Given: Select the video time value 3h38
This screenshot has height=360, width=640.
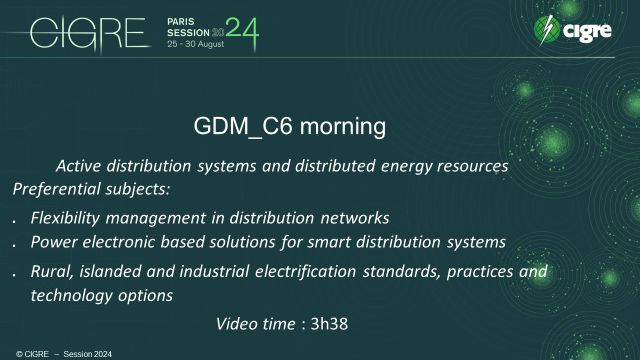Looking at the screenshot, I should (x=325, y=323).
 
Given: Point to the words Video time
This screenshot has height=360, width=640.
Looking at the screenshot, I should (x=255, y=323).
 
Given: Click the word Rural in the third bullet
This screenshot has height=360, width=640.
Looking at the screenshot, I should (x=51, y=271).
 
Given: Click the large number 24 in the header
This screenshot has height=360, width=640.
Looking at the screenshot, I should (x=240, y=34).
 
